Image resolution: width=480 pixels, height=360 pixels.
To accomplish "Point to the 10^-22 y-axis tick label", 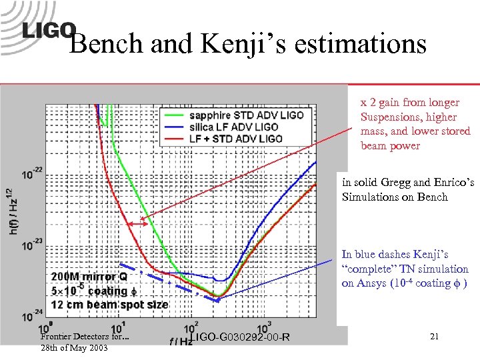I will point(29,174).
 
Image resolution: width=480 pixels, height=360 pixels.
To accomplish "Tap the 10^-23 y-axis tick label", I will point(29,245).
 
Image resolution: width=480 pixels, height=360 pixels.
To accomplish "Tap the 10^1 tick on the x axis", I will point(116,327).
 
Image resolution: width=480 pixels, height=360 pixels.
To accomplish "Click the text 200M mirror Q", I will point(88,277).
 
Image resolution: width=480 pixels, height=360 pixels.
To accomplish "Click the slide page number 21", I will point(434,337).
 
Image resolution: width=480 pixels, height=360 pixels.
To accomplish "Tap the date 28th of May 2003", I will point(73,349).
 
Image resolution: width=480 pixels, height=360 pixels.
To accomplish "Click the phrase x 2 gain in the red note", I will point(381,103).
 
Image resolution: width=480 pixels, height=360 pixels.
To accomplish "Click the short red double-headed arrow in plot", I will point(139,225).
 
